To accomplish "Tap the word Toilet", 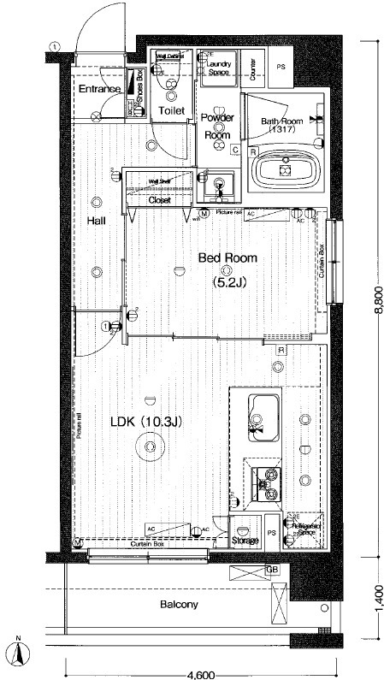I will (x=172, y=111).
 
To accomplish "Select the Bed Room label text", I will (x=227, y=257).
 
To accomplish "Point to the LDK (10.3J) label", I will (x=149, y=422).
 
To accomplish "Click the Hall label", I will (x=97, y=220).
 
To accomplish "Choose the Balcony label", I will (x=179, y=605).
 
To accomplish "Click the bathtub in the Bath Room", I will (x=285, y=170).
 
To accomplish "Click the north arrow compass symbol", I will (x=19, y=655).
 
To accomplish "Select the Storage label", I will (x=246, y=541).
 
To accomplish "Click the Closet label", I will (x=160, y=200).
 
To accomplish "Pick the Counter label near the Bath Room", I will (x=254, y=65).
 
